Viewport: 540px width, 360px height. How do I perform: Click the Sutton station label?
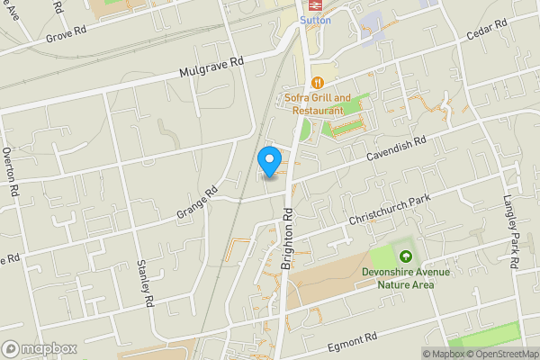pos(315,18)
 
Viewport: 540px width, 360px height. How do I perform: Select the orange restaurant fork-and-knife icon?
pos(316,83)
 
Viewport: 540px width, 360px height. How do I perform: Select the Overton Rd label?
pos(11,172)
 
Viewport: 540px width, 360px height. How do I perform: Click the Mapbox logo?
pos(40,348)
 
